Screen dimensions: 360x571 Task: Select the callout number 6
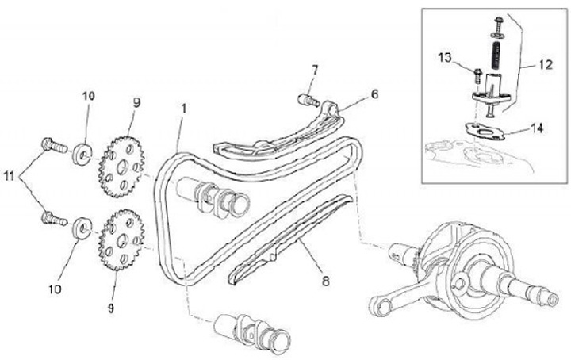pyautogui.click(x=374, y=94)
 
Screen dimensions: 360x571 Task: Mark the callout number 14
pyautogui.click(x=538, y=127)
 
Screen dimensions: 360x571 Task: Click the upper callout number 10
pyautogui.click(x=87, y=97)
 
